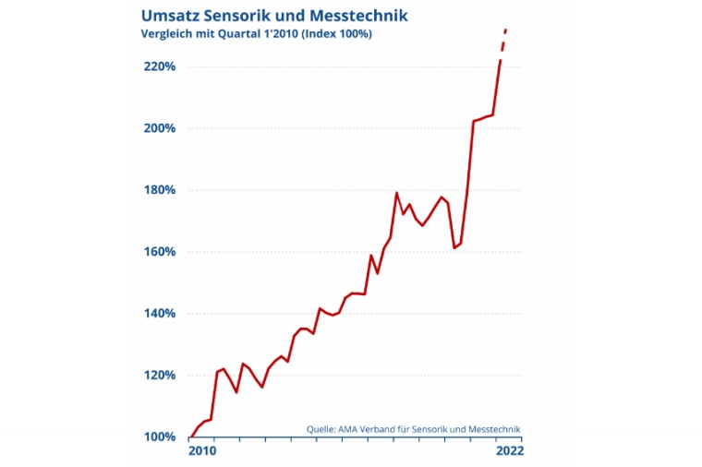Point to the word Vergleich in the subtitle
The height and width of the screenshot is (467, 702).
coord(166,34)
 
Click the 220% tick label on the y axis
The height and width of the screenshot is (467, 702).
coord(160,66)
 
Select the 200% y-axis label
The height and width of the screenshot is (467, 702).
coord(160,128)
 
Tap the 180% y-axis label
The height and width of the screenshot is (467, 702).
coord(160,190)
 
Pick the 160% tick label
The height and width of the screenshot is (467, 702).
coord(160,252)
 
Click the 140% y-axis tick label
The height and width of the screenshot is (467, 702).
coord(160,314)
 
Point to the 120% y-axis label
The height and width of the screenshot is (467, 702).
coord(160,376)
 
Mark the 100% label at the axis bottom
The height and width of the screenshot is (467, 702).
coord(160,437)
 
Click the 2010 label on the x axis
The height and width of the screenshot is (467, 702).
coord(202,451)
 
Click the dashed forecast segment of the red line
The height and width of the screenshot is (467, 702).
coord(503,42)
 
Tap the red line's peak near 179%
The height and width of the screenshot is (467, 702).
coord(396,193)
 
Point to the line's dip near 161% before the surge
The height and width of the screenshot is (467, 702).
coord(454,247)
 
